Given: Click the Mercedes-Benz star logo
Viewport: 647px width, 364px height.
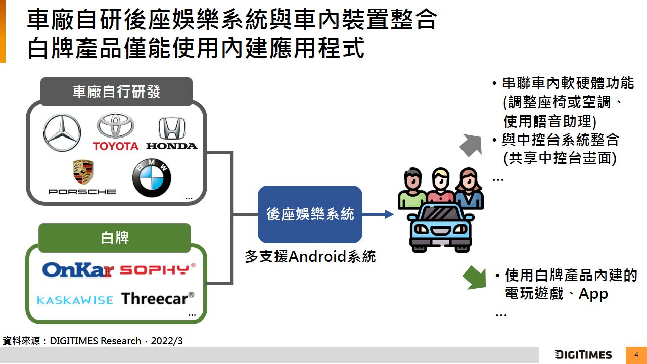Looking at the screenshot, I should (62, 132).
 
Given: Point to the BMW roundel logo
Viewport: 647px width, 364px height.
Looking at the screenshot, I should (152, 178).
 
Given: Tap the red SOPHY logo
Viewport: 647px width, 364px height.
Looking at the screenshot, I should (157, 269).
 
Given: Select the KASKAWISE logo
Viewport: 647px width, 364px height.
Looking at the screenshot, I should (75, 300).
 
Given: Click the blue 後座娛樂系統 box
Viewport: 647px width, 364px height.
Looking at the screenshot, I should (310, 214).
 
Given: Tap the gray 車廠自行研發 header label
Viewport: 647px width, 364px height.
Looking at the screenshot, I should (116, 92).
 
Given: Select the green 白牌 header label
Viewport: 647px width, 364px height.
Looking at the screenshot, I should (115, 238).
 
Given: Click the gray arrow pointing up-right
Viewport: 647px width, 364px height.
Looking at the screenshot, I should (471, 145).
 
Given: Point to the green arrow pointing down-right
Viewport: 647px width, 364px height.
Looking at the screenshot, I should (475, 277).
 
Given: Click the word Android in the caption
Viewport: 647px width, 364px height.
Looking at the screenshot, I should (317, 257).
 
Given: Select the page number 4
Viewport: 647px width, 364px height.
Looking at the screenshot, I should (636, 355).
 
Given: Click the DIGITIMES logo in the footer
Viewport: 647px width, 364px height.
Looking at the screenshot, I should (583, 355).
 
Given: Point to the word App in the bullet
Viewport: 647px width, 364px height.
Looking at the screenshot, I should (593, 294).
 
